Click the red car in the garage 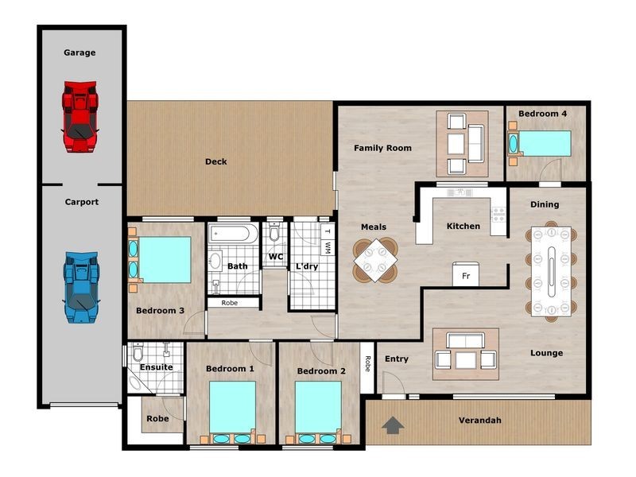coord(80,116)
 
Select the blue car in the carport coord(82,287)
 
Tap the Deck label coord(215,161)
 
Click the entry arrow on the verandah coord(393,425)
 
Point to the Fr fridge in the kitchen coord(466,274)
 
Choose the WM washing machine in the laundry coord(328,247)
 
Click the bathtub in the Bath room coord(233,234)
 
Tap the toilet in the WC coord(274,232)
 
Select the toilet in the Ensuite coord(138,351)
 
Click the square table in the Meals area coord(374,260)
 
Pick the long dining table coord(551,271)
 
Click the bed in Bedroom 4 coord(545,144)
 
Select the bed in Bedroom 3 coord(165,260)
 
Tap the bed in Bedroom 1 coord(232,408)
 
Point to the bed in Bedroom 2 coord(318,408)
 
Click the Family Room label coord(382,148)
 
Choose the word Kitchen coord(463,226)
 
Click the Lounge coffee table coord(466,360)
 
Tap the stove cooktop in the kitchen coord(498,214)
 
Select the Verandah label coord(480,421)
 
